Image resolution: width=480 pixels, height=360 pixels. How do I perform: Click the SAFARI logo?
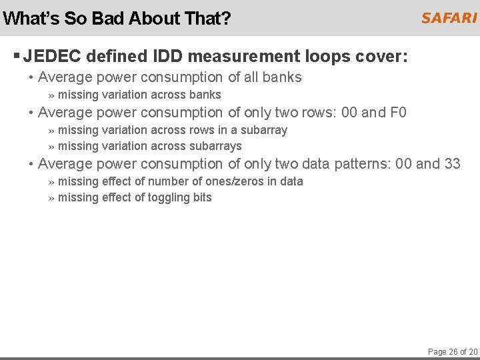pos(449,18)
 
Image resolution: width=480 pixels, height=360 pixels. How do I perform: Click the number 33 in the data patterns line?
pos(452,163)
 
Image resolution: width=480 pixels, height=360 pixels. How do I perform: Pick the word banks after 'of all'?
pos(282,77)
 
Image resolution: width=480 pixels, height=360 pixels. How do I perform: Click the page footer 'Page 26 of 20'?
pos(453,351)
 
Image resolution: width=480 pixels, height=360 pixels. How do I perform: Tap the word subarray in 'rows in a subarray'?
pos(264,130)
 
